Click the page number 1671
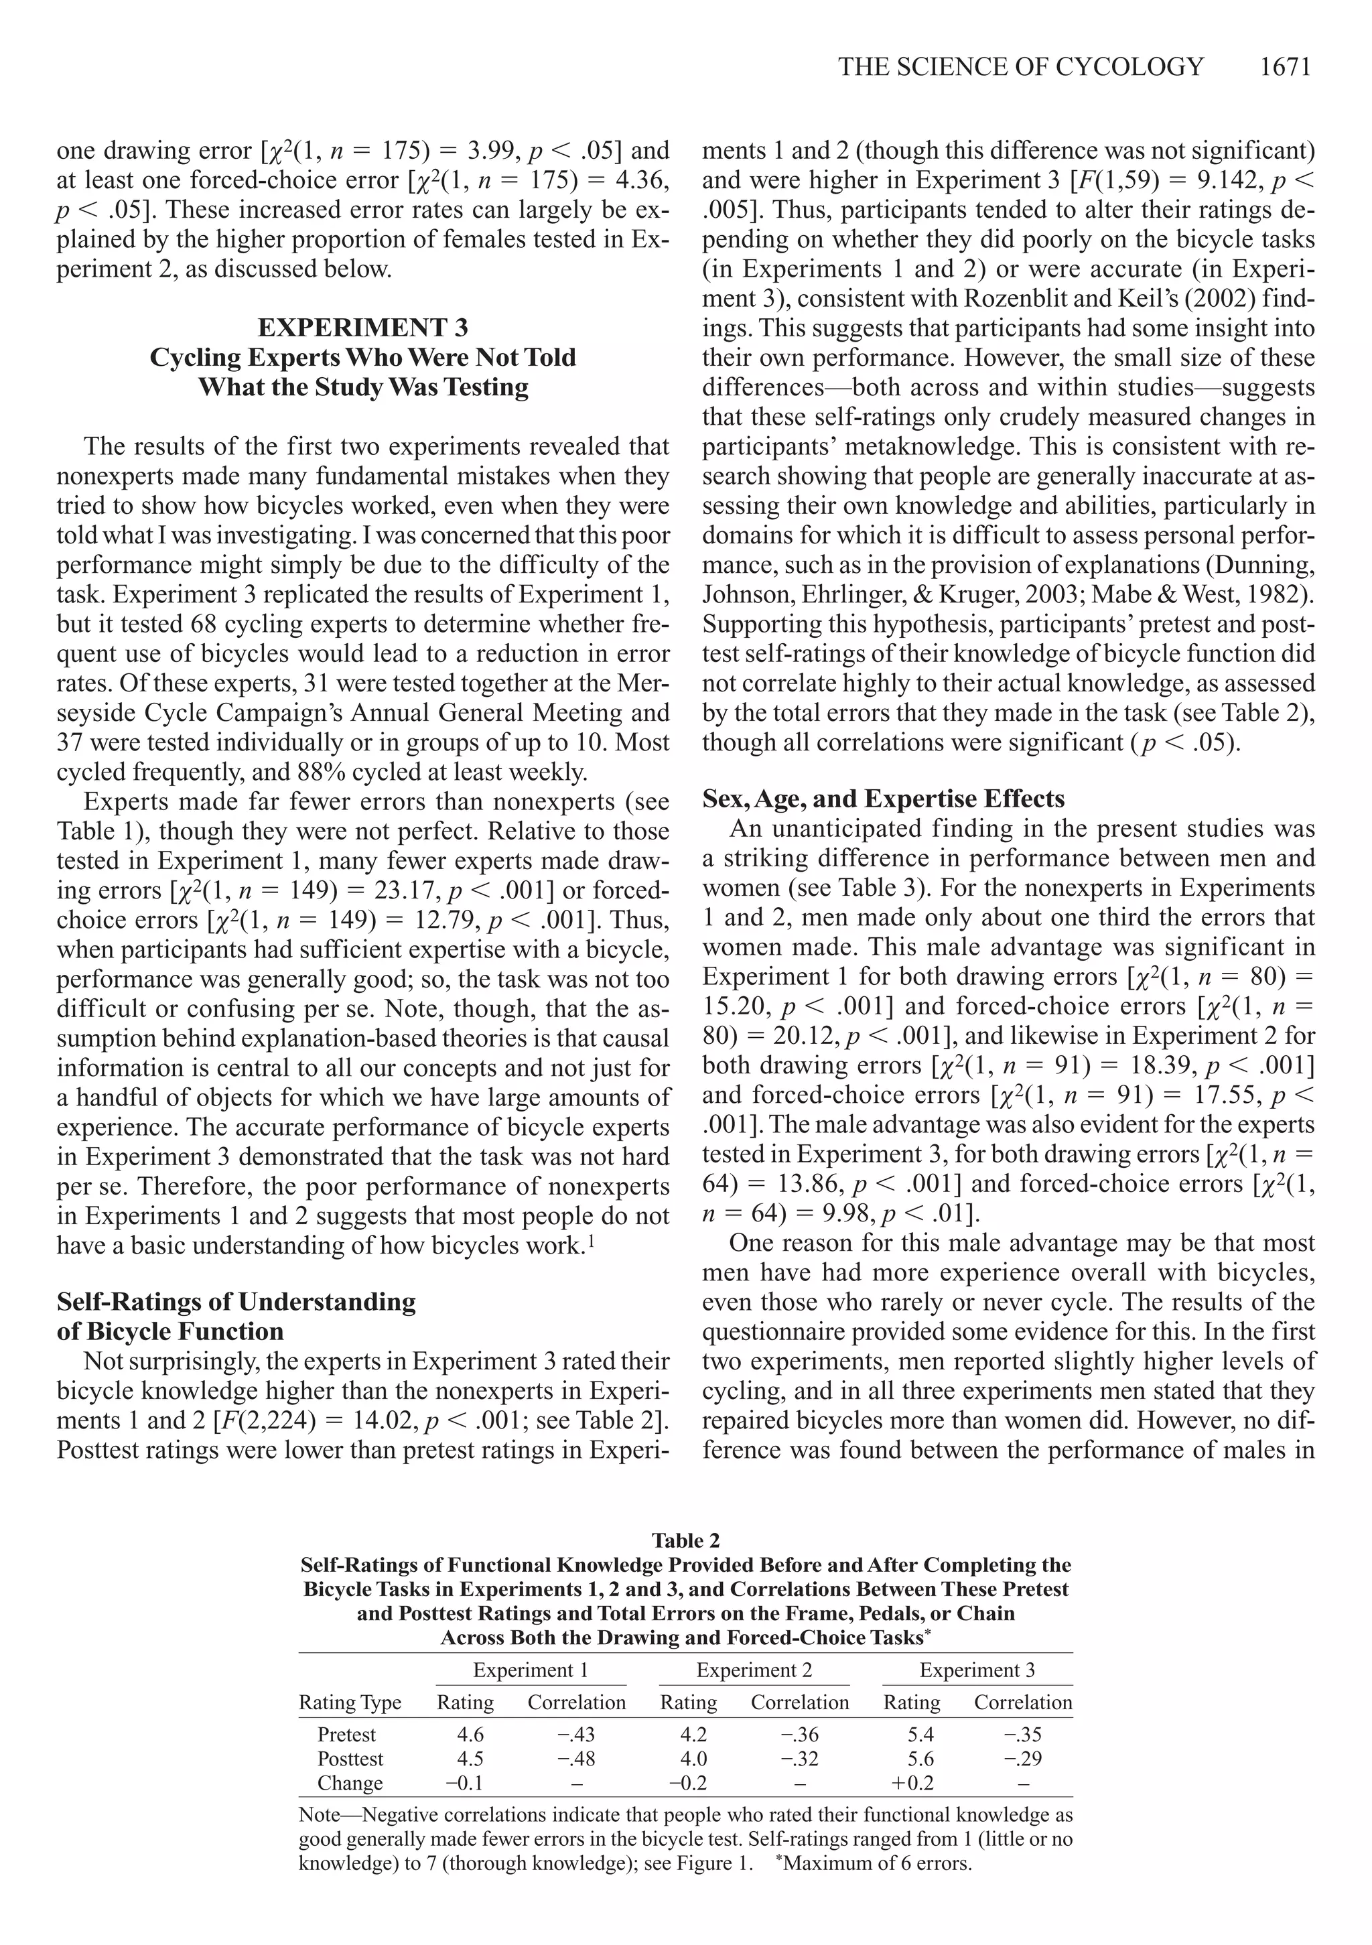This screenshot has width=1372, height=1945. point(1285,67)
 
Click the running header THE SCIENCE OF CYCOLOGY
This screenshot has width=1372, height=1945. point(1020,67)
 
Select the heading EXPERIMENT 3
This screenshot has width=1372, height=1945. point(362,328)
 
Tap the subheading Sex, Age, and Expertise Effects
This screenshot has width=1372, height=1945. point(884,799)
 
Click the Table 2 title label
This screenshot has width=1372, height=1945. point(685,1540)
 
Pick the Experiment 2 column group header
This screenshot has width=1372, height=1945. point(754,1670)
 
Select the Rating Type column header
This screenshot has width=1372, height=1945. point(350,1702)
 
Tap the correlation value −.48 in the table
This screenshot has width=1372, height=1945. point(576,1759)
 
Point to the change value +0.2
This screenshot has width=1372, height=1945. point(912,1782)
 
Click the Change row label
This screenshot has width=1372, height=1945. point(350,1782)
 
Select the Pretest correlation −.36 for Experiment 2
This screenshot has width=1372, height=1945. point(799,1734)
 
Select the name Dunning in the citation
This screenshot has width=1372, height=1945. point(1269,565)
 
